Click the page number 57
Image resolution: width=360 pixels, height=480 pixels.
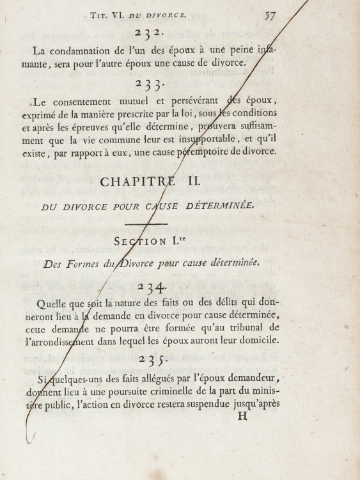[x=271, y=15]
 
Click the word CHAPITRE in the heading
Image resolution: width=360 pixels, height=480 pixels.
[x=135, y=182]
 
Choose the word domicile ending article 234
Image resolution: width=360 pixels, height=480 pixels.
[x=257, y=340]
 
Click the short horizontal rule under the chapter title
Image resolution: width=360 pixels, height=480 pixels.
[x=147, y=224]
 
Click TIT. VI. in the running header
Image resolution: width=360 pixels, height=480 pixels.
[x=107, y=15]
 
